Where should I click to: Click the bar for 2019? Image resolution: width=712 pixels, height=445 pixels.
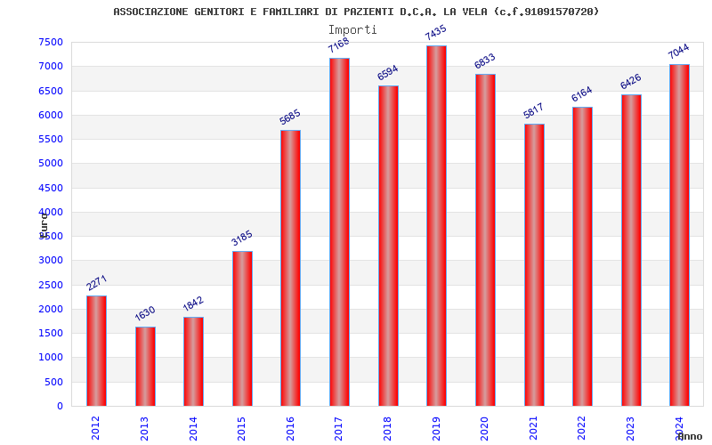436,226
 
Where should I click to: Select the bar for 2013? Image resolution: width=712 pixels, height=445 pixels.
145,367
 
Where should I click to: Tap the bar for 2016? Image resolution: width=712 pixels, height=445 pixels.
290,268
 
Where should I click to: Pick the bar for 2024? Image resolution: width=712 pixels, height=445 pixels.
679,235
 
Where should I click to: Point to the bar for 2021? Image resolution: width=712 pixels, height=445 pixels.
534,265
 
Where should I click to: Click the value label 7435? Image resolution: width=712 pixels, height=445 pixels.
436,33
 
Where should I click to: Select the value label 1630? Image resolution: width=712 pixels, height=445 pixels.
145,313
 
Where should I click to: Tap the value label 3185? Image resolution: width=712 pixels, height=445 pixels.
242,238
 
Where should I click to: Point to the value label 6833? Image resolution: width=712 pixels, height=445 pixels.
485,61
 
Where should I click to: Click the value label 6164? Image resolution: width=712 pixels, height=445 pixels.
582,94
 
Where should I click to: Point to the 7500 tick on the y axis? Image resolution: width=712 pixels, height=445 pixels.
51,42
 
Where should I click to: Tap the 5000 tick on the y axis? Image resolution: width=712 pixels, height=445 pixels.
51,164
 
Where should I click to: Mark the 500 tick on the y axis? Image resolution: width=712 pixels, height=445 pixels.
54,382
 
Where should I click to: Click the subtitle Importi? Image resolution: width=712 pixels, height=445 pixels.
352,29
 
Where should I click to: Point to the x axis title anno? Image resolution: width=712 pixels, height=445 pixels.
690,436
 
